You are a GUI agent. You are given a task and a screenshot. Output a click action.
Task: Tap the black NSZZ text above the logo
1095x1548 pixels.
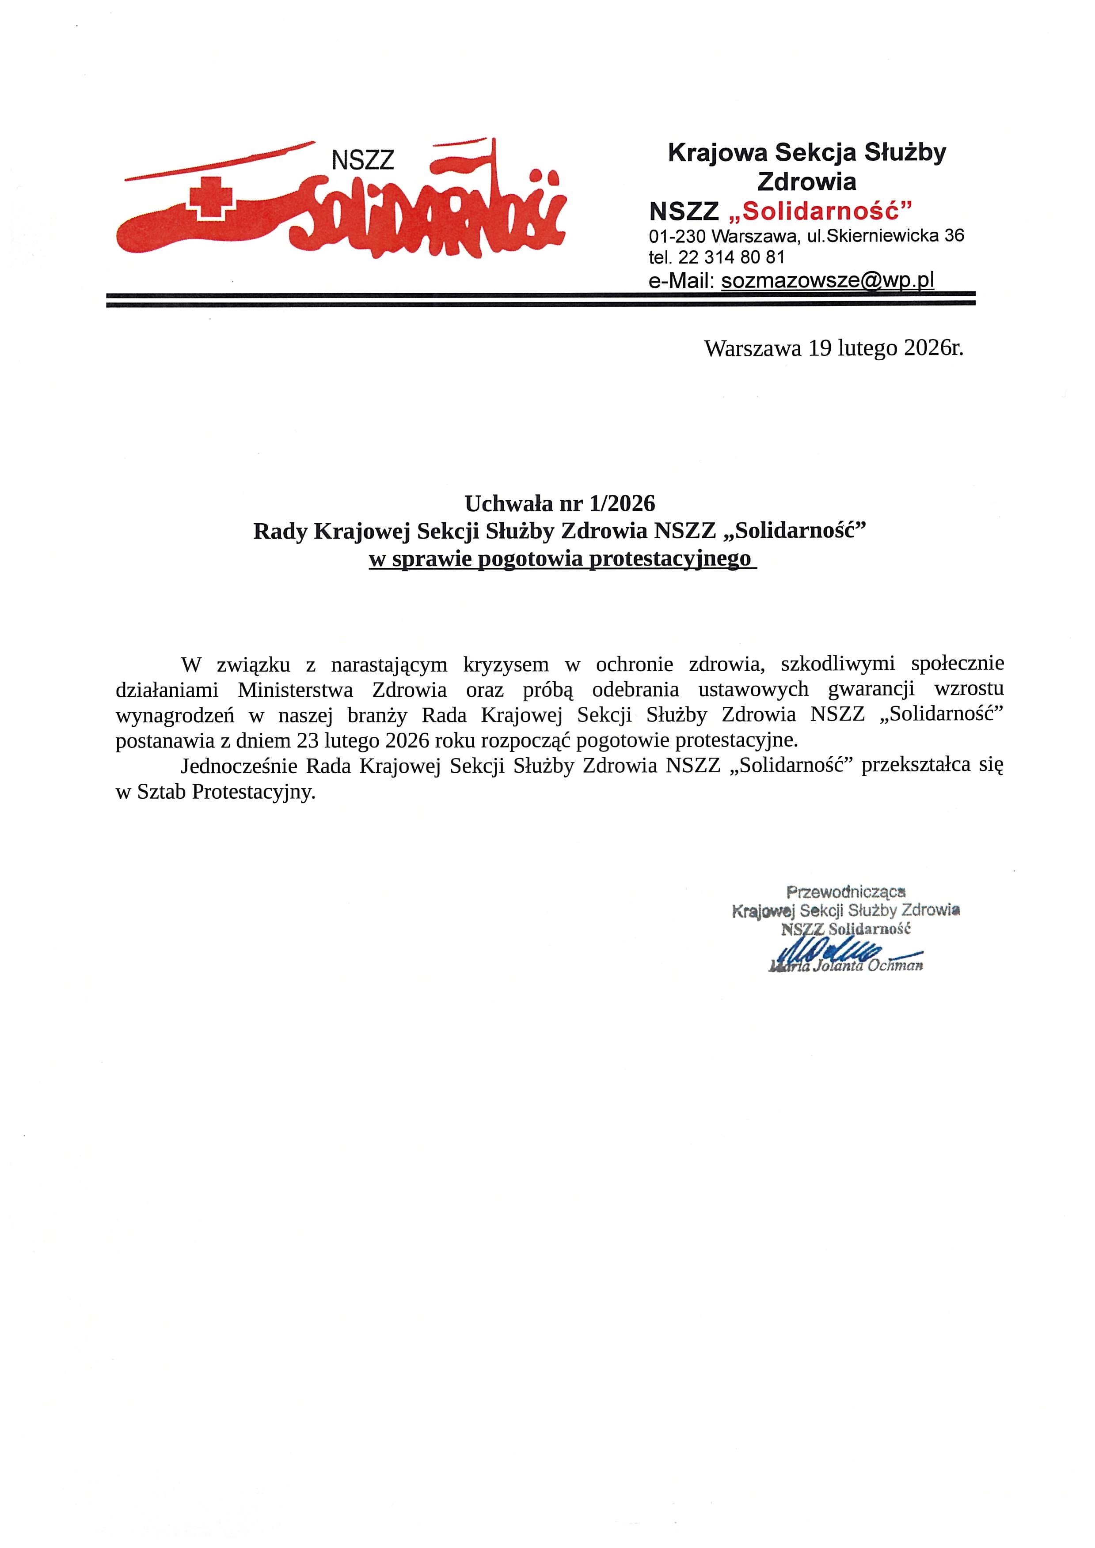coord(363,160)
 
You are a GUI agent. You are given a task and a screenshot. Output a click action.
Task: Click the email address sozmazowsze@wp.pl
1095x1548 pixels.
coord(828,280)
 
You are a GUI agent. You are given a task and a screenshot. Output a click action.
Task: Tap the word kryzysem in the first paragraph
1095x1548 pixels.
coord(497,665)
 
